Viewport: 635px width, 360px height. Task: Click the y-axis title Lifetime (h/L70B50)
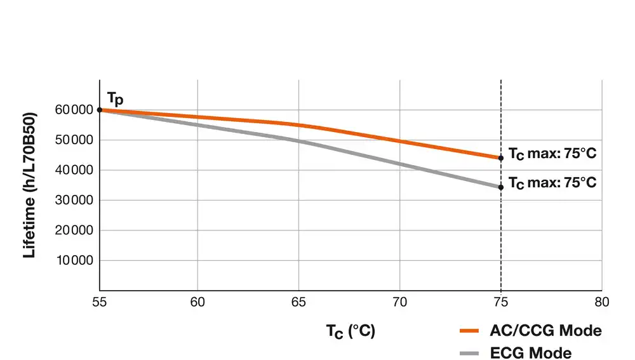click(x=29, y=184)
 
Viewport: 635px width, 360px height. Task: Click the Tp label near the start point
click(x=115, y=98)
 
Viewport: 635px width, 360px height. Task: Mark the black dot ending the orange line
click(x=501, y=157)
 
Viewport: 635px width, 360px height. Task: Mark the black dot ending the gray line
click(x=501, y=187)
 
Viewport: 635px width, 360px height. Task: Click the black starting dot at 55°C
click(x=100, y=110)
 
